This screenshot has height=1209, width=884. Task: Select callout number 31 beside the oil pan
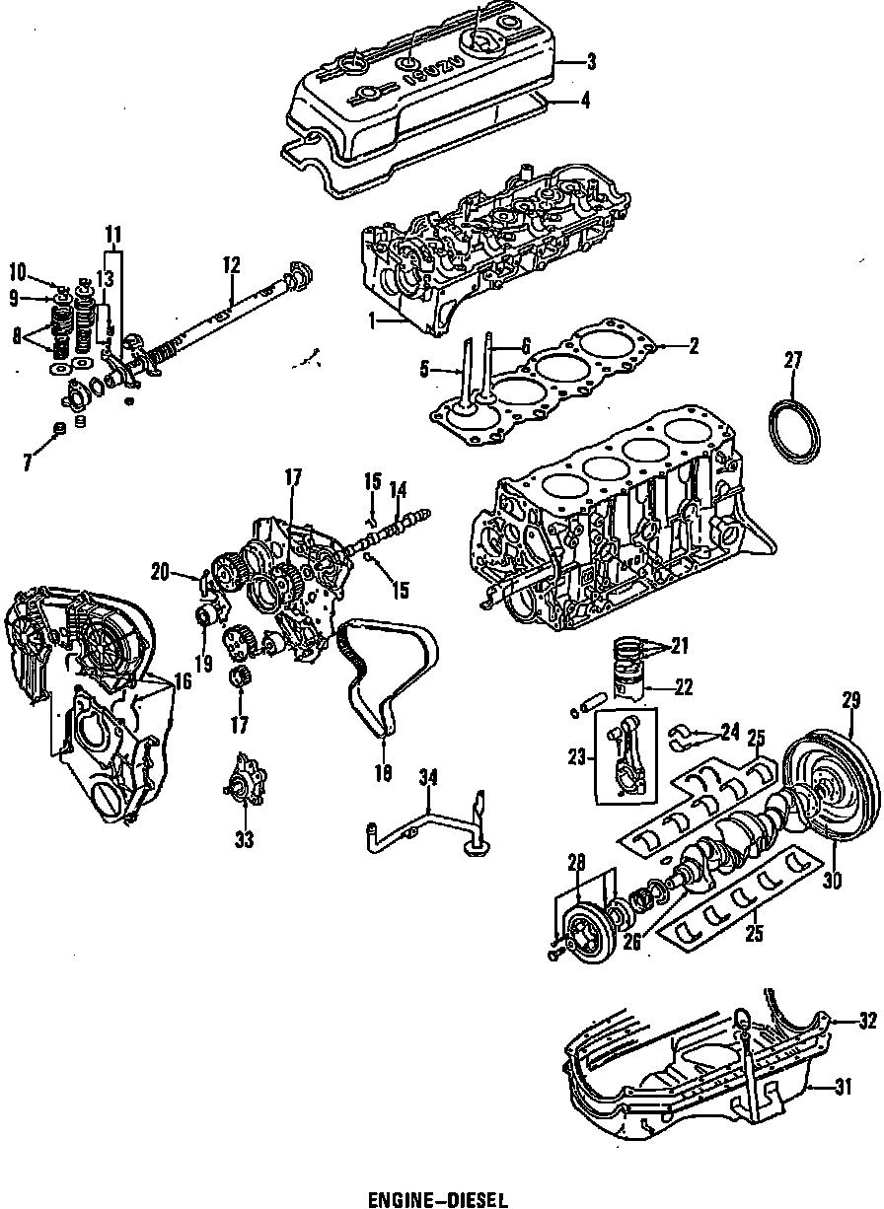[842, 1088]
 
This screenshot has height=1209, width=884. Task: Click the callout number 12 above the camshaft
[231, 264]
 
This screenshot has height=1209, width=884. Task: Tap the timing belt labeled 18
[380, 680]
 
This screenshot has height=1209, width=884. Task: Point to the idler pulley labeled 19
[208, 619]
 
